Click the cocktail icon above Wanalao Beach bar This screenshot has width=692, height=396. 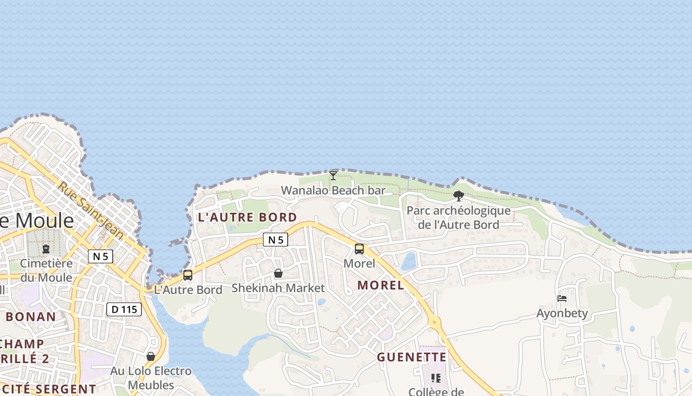[x=333, y=175]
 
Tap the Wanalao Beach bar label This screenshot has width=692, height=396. [x=333, y=191]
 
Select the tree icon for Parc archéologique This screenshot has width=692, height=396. [x=459, y=196]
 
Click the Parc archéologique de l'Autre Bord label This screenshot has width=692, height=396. [x=459, y=218]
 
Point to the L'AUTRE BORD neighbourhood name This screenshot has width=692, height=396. [x=248, y=217]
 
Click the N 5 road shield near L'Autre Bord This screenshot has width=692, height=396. [x=275, y=240]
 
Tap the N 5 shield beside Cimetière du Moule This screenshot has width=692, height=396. [x=100, y=256]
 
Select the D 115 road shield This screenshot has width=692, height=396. [x=124, y=310]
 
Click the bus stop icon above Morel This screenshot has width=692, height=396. [x=359, y=249]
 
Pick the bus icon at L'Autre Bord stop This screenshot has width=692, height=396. [x=188, y=275]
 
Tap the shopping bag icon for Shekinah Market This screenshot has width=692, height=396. [x=278, y=273]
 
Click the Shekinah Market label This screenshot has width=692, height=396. [x=278, y=288]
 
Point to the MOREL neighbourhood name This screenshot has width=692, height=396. [x=381, y=285]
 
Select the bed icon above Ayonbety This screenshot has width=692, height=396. [x=562, y=298]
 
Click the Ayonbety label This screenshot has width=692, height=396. [x=562, y=313]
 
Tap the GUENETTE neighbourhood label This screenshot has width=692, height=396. [x=412, y=357]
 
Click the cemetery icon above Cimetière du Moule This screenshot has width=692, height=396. [x=46, y=248]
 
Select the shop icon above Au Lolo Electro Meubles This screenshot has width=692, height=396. [x=151, y=356]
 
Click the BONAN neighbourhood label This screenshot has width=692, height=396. [x=31, y=317]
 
